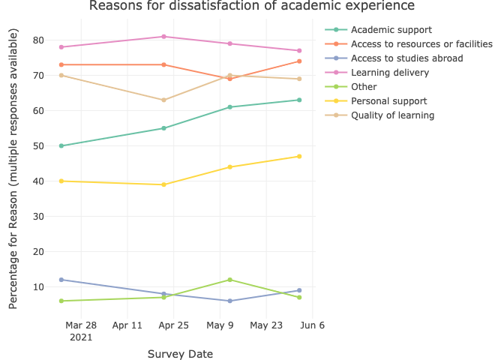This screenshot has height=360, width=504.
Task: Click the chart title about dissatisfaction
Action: click(x=251, y=7)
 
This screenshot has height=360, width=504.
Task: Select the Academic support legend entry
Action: click(x=391, y=30)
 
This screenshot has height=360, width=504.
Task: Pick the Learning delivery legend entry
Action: click(x=389, y=73)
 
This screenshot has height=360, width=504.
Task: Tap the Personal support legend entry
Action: click(x=388, y=101)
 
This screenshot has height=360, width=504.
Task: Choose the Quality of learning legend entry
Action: click(x=392, y=115)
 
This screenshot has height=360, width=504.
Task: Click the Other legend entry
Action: click(x=364, y=87)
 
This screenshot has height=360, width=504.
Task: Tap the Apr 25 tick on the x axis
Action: click(x=174, y=325)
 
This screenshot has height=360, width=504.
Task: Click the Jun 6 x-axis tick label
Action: click(x=312, y=325)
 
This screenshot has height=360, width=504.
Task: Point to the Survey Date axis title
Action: click(x=180, y=354)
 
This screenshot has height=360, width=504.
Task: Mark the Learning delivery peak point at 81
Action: click(x=163, y=37)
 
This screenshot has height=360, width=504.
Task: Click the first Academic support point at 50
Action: click(x=61, y=145)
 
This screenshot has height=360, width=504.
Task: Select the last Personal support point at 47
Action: click(x=299, y=156)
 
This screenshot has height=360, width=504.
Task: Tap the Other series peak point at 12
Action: click(x=230, y=280)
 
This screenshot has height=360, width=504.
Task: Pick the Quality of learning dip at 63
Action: click(x=163, y=100)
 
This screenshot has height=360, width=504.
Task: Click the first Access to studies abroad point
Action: click(x=61, y=280)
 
